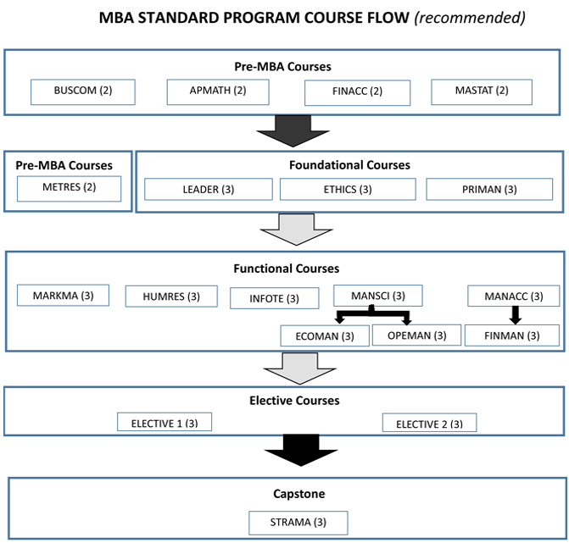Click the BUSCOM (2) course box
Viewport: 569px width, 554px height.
coord(83,92)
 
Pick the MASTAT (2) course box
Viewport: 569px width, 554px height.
coord(481,91)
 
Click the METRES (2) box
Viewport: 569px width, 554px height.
coord(70,187)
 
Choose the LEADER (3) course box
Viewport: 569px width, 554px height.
coord(209,189)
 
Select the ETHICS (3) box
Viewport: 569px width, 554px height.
coord(348,189)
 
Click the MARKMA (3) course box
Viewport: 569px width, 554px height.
coord(64,295)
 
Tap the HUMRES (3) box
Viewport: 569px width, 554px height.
coord(170,296)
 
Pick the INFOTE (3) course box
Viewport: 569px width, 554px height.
coord(275,298)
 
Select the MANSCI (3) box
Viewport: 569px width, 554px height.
coord(377,296)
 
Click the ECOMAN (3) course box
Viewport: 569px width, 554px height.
coord(325,335)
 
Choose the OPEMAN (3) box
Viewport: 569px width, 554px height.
coord(416,335)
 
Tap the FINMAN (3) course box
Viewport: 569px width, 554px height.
coord(512,335)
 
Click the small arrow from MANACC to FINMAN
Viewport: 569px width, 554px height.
coord(514,315)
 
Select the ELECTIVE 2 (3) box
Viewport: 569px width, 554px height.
coord(429,423)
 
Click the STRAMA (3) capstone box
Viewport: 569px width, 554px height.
coord(298,522)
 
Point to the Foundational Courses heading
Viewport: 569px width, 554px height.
coord(349,165)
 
